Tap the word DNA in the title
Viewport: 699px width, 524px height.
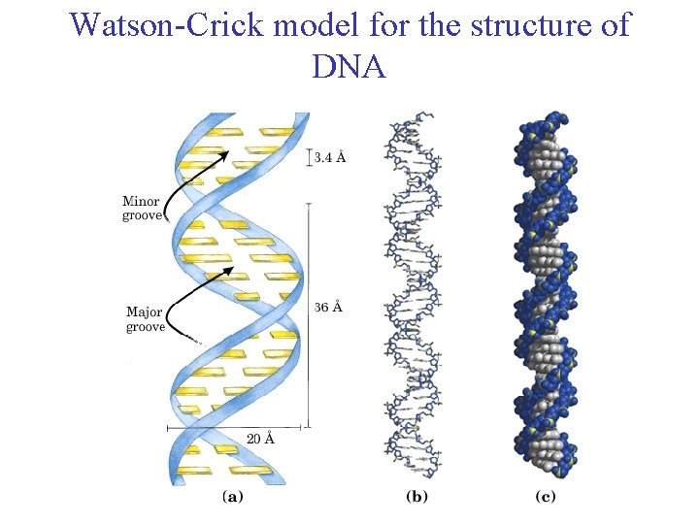coord(349,67)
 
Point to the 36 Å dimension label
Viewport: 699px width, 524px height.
coord(328,308)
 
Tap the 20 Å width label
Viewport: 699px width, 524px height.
coord(260,439)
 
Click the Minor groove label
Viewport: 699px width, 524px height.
coord(142,209)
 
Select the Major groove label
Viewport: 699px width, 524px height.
coord(146,319)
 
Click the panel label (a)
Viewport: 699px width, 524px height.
coord(233,497)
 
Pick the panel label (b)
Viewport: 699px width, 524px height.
coord(416,497)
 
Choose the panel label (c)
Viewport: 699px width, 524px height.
coord(546,497)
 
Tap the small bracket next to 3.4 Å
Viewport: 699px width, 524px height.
coord(309,157)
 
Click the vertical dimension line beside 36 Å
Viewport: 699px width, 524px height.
coord(308,311)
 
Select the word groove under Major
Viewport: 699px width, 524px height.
coord(146,327)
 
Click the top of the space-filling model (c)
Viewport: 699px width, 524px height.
coord(544,124)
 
